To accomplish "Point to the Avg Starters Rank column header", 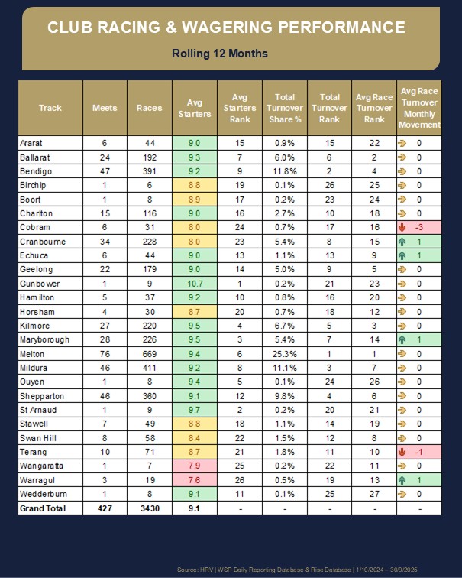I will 239,108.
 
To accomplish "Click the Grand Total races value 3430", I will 150,508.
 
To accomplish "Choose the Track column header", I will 50,108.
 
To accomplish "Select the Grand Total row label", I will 42,508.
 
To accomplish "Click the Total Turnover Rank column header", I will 330,108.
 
